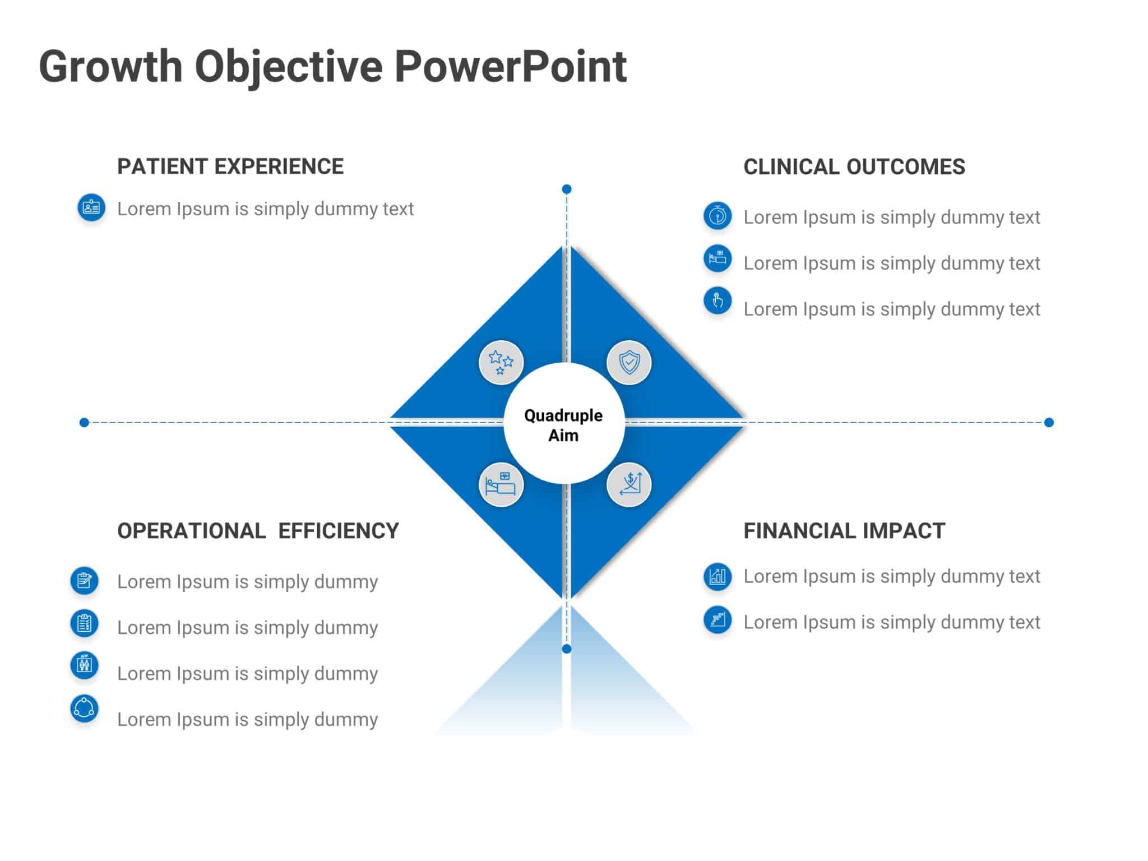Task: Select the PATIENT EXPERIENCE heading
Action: point(230,166)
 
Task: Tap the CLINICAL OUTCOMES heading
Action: point(854,167)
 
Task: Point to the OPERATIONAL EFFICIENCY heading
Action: point(258,531)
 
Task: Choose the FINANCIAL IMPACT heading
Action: point(844,531)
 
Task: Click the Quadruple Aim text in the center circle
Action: point(563,425)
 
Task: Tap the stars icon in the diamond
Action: point(501,363)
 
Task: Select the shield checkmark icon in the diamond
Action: point(629,363)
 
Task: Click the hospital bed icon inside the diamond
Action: point(501,485)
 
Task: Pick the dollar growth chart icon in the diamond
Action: point(629,485)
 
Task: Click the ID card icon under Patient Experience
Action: point(91,207)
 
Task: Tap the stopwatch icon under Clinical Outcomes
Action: point(717,216)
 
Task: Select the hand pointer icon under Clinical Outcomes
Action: point(717,301)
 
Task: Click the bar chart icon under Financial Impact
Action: point(717,576)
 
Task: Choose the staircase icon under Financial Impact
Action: point(717,619)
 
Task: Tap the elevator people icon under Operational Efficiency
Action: point(85,665)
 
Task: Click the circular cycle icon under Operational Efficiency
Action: point(85,709)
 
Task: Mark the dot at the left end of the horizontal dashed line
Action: point(84,422)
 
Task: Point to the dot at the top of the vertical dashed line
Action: point(567,189)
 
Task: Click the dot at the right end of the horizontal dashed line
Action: point(1049,422)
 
